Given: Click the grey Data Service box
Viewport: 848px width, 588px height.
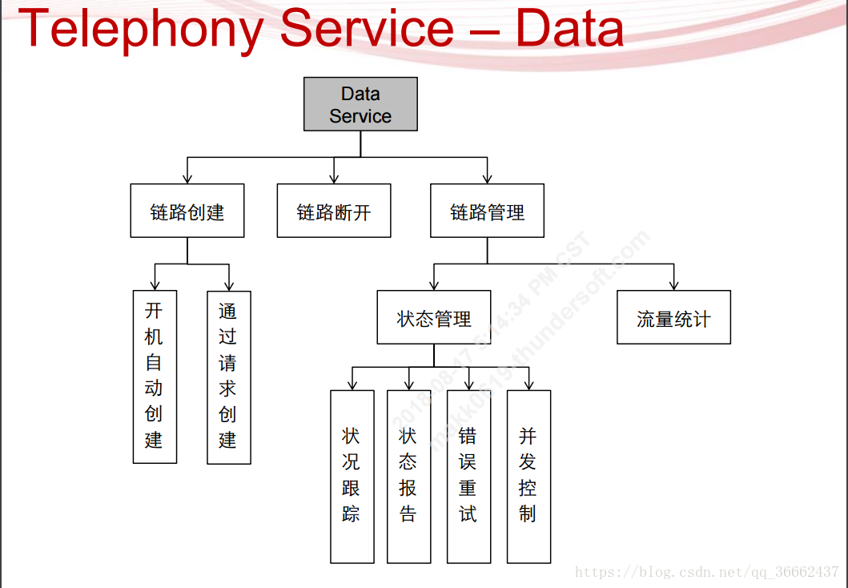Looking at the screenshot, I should click(x=360, y=104).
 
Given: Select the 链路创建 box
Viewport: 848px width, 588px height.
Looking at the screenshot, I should click(x=187, y=211).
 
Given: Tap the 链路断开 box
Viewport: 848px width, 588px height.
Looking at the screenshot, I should click(x=334, y=211).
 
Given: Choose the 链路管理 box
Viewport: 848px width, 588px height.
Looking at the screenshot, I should click(x=487, y=211).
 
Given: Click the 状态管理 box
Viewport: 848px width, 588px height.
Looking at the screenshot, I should click(x=434, y=317).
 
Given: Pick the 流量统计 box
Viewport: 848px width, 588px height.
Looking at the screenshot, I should click(x=673, y=317).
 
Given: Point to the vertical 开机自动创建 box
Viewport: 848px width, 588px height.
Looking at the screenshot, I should click(x=155, y=377).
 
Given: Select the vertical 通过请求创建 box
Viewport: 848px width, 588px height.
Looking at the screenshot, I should click(x=229, y=377).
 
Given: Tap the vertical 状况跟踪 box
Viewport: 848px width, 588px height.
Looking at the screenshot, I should click(x=352, y=477).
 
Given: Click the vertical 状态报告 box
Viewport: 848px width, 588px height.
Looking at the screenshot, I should click(x=408, y=477).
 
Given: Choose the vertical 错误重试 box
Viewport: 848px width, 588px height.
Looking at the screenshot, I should click(x=468, y=477).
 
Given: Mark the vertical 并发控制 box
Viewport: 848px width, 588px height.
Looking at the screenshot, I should click(x=528, y=477).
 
